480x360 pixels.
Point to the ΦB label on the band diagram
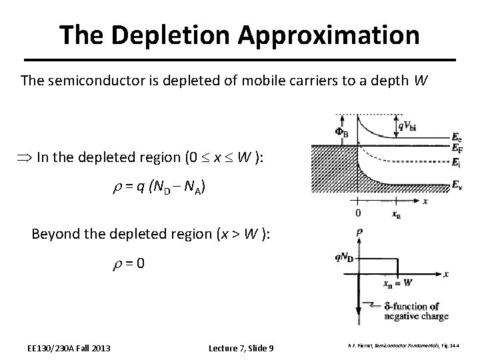tap(341, 133)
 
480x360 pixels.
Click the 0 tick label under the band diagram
tap(358, 213)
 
